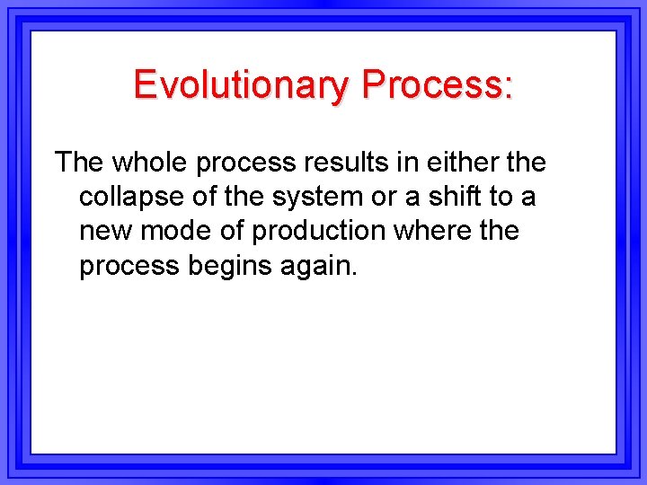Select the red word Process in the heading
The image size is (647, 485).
point(432,85)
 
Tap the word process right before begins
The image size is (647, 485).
point(129,267)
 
